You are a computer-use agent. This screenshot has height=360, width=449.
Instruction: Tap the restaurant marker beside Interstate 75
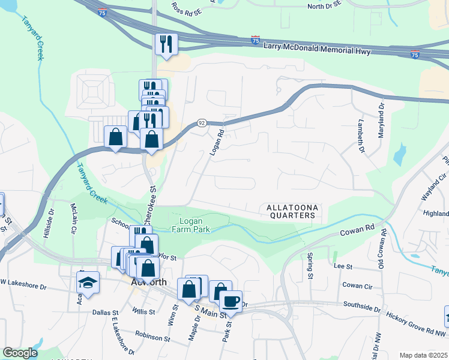pos(165,44)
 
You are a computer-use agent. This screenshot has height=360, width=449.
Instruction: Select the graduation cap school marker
pos(88,282)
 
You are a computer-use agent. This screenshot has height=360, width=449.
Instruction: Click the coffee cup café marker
pos(231,301)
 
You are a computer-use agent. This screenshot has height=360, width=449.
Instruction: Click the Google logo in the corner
pos(20,353)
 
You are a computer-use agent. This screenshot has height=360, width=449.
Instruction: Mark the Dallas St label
pos(107,312)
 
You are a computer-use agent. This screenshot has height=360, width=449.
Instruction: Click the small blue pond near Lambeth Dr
pos(399,155)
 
